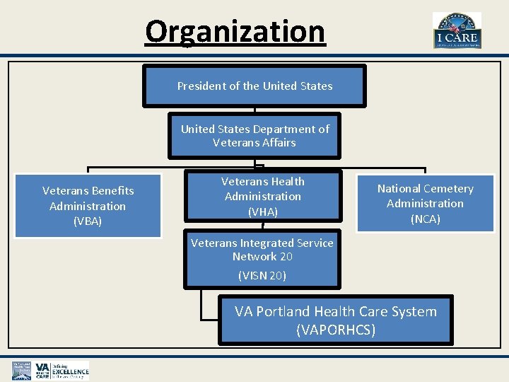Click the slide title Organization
(235, 31)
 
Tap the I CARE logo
(457, 30)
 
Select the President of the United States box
(255, 86)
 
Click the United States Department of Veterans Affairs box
(255, 135)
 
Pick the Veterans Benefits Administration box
(88, 205)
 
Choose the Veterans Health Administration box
(263, 197)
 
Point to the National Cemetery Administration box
(425, 203)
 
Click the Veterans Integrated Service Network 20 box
(262, 258)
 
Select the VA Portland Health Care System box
(335, 320)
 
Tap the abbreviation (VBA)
(88, 221)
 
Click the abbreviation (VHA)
(263, 212)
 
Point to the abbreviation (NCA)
(425, 219)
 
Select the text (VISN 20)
(262, 276)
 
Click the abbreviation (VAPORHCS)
(336, 330)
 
